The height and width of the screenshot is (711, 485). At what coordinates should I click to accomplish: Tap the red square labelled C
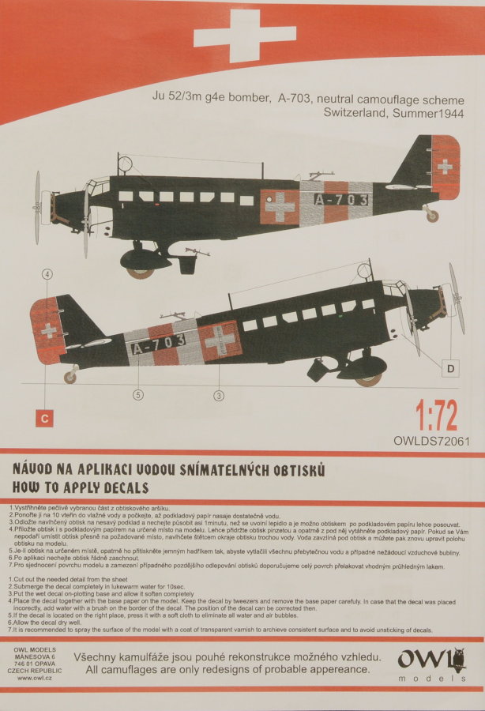(x=43, y=419)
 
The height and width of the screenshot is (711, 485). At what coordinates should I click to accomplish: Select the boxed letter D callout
(x=450, y=368)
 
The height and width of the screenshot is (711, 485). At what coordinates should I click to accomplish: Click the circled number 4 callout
(x=47, y=274)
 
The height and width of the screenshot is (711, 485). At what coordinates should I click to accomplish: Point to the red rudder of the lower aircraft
(x=46, y=330)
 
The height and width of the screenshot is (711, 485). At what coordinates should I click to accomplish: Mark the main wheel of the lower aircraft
(x=367, y=379)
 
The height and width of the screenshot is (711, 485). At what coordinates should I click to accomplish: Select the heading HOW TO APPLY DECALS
(x=80, y=488)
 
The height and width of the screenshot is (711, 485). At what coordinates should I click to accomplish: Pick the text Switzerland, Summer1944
(x=393, y=113)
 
